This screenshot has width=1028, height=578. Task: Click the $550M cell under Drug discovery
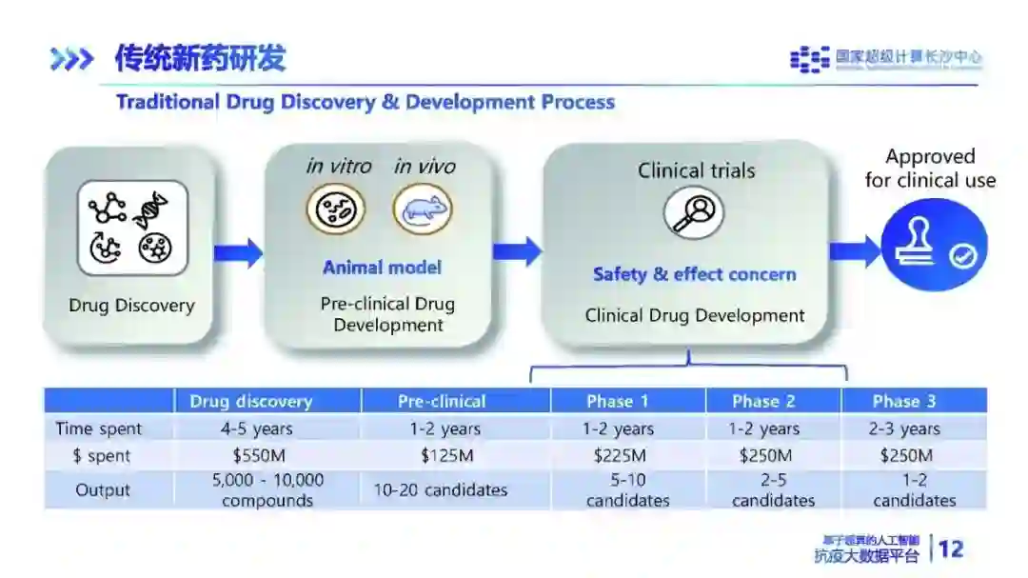click(267, 456)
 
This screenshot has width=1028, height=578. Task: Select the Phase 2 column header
click(763, 401)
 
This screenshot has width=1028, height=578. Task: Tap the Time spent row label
click(99, 429)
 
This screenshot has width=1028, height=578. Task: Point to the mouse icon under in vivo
click(423, 209)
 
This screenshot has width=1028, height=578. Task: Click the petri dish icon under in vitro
click(335, 209)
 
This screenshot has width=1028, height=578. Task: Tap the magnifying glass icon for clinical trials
click(693, 212)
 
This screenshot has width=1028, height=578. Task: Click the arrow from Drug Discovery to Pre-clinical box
click(239, 252)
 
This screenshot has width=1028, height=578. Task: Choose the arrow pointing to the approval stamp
click(855, 251)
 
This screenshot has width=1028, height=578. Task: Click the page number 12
click(950, 548)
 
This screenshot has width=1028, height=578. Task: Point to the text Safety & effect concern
click(694, 274)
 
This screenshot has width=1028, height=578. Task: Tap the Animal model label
click(382, 268)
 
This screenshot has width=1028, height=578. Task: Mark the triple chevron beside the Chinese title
click(71, 60)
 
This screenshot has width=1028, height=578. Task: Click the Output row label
click(103, 490)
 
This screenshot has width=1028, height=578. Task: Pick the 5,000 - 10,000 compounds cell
click(267, 490)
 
